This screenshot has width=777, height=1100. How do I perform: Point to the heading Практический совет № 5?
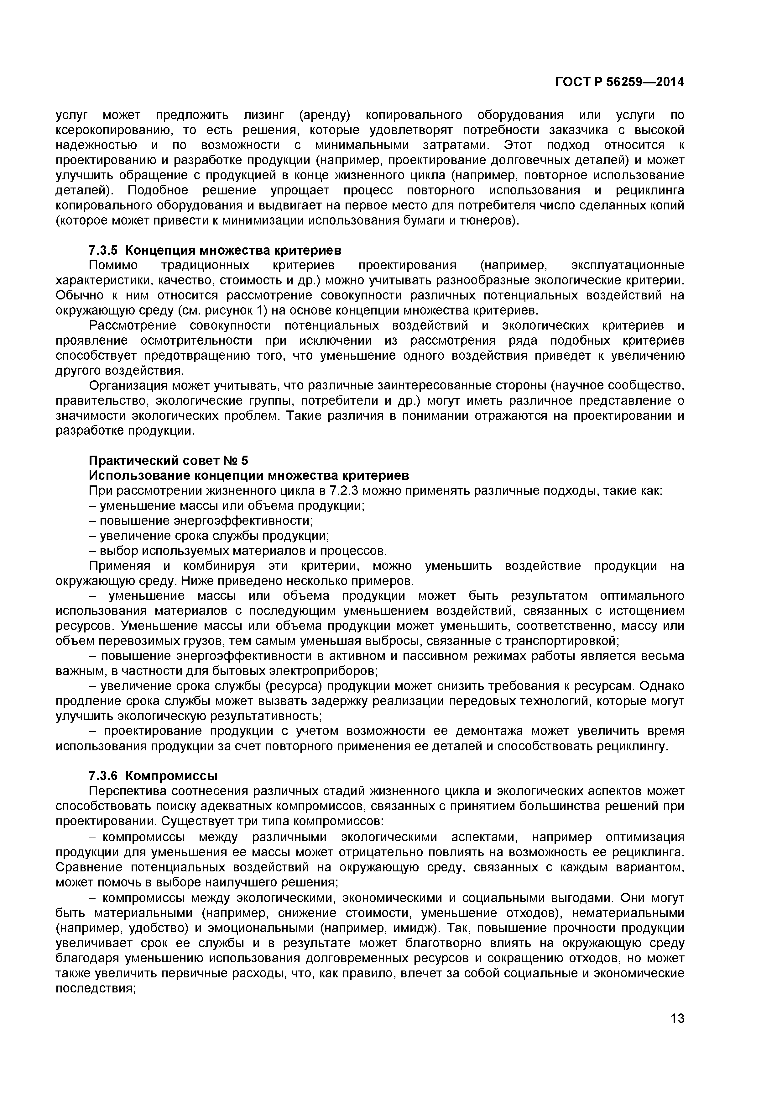(x=169, y=460)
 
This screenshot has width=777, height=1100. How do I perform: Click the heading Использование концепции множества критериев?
(x=249, y=476)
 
